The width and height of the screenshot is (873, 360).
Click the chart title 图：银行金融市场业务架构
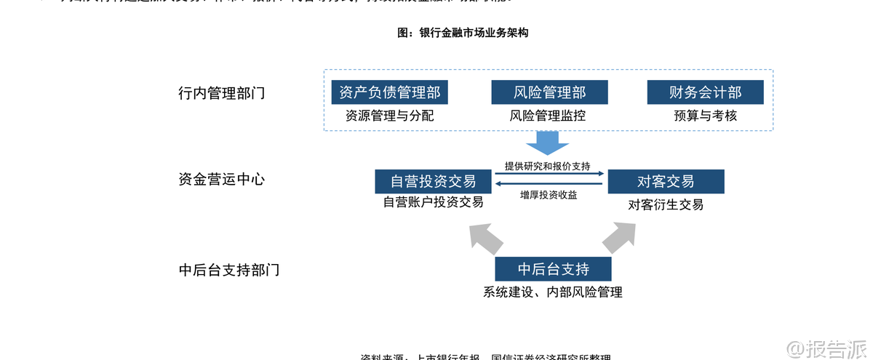pyautogui.click(x=463, y=33)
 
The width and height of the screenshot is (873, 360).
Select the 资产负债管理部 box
pyautogui.click(x=389, y=92)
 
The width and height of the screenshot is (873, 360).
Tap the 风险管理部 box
pyautogui.click(x=549, y=92)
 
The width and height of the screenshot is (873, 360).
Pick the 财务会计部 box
pyautogui.click(x=705, y=92)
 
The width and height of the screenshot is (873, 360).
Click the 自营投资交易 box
pyautogui.click(x=433, y=181)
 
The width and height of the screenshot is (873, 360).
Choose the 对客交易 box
pyautogui.click(x=666, y=181)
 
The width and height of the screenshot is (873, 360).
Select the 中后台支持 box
pyautogui.click(x=553, y=269)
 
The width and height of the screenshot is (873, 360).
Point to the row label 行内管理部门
pyautogui.click(x=221, y=93)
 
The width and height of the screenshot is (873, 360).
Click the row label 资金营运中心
pyautogui.click(x=221, y=180)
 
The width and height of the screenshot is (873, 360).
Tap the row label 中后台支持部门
pyautogui.click(x=228, y=270)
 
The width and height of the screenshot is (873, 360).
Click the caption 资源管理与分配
pyautogui.click(x=389, y=115)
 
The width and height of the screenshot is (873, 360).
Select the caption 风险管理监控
pyautogui.click(x=549, y=115)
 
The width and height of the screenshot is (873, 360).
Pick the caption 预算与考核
pyautogui.click(x=705, y=115)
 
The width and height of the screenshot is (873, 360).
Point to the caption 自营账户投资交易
pyautogui.click(x=433, y=202)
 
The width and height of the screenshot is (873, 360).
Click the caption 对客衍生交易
pyautogui.click(x=666, y=204)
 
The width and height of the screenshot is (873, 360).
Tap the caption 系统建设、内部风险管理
pyautogui.click(x=553, y=292)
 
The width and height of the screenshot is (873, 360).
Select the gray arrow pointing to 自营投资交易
pyautogui.click(x=485, y=236)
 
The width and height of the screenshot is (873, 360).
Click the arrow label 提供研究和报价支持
pyautogui.click(x=548, y=166)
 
